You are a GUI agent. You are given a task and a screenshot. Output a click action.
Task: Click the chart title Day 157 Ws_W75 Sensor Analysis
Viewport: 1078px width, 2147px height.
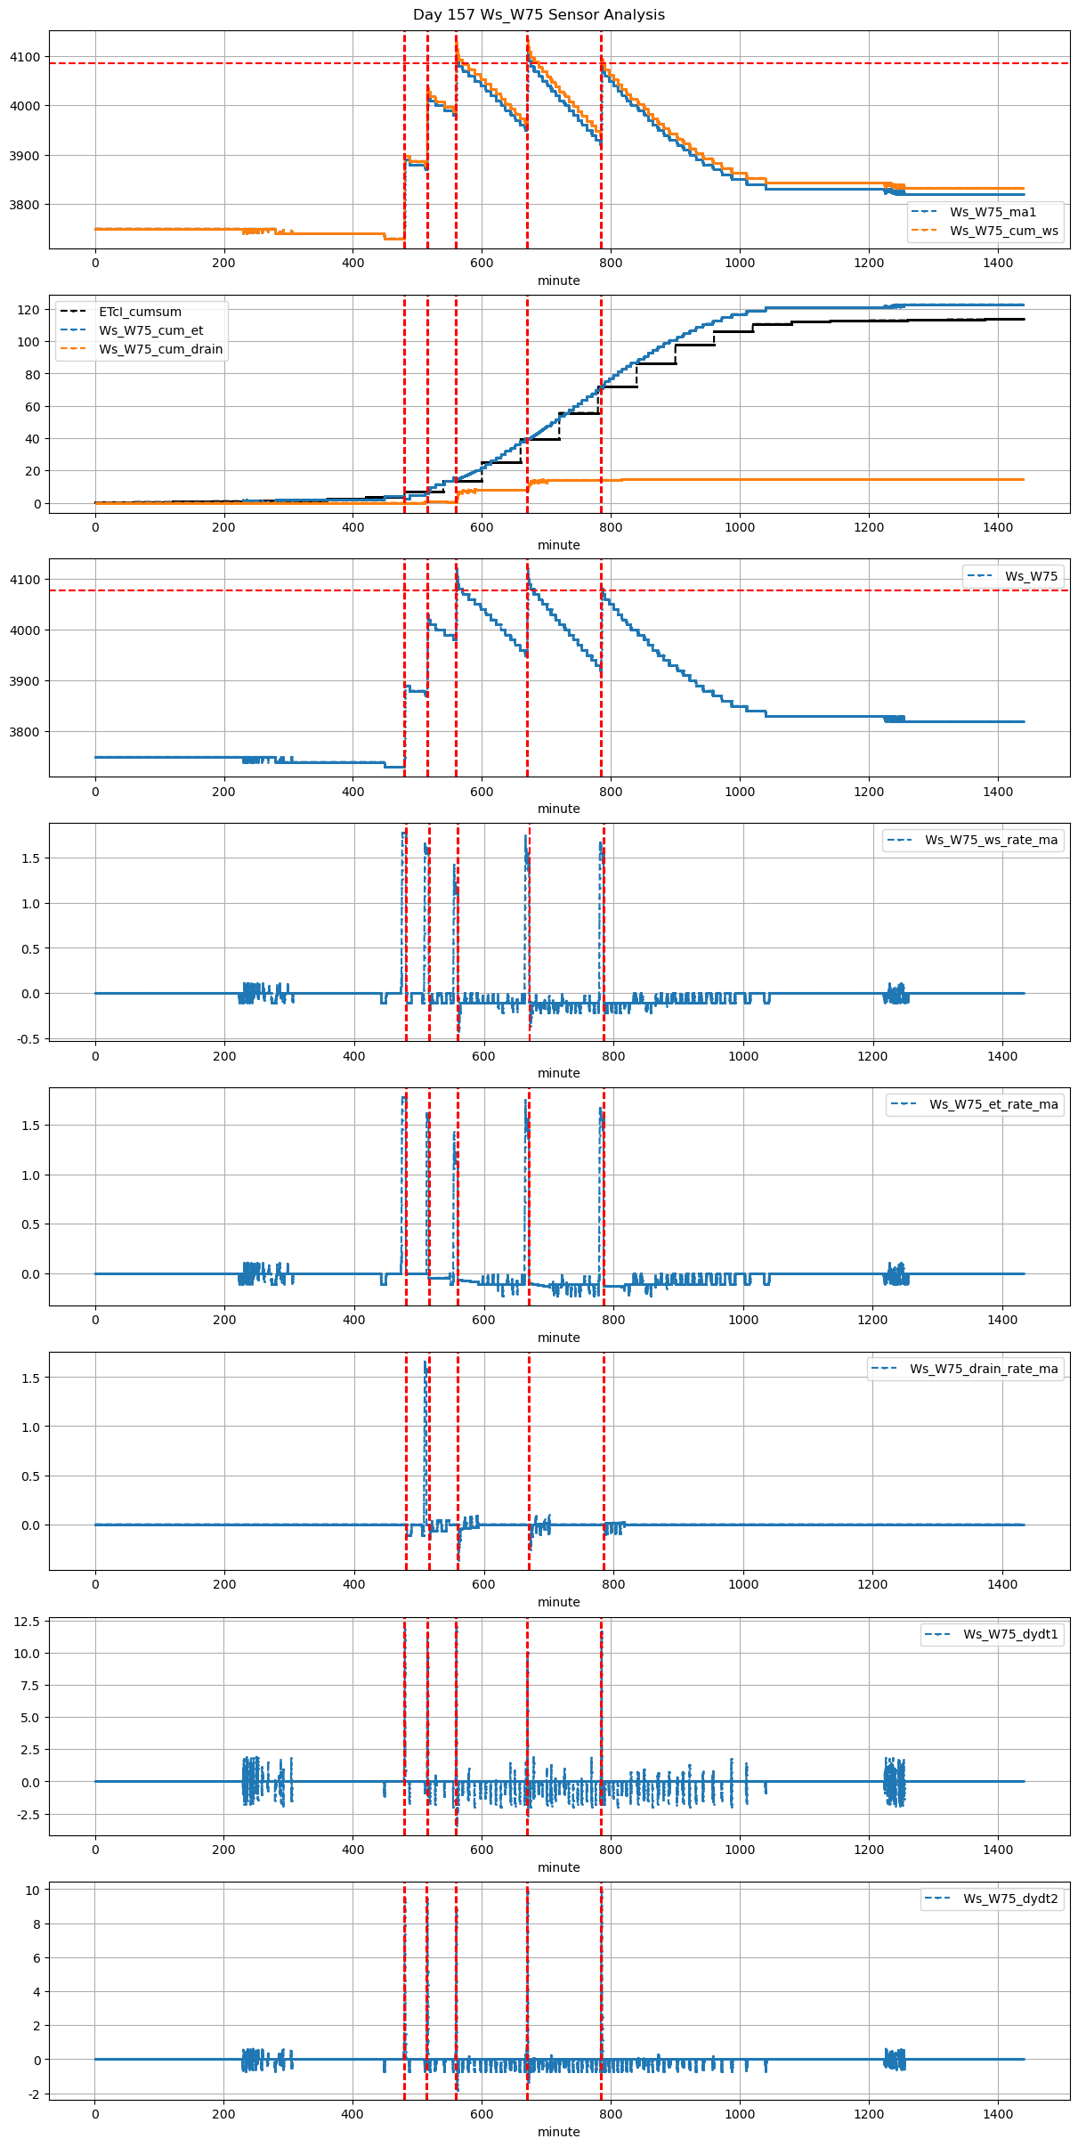539,15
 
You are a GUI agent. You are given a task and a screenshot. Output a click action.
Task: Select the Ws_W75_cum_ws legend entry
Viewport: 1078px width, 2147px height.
1003,231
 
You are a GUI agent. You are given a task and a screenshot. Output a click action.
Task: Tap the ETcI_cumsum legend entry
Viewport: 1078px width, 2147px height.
140,312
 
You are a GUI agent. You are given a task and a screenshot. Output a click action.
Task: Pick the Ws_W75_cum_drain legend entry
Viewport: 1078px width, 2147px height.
160,349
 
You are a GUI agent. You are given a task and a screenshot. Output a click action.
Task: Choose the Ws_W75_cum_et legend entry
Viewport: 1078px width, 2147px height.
150,330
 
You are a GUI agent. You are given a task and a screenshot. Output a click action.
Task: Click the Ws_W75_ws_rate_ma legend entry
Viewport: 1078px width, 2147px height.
991,840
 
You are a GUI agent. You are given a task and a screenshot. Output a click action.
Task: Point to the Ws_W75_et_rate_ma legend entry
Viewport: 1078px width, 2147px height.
993,1104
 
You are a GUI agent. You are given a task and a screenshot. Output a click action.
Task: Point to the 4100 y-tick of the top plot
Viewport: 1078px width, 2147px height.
25,57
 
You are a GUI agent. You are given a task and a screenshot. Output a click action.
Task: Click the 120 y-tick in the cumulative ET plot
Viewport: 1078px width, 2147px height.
30,310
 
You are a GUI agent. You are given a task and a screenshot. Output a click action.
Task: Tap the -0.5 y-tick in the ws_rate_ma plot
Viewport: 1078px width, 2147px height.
28,1038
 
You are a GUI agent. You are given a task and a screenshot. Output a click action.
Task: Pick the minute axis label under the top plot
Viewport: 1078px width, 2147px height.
558,281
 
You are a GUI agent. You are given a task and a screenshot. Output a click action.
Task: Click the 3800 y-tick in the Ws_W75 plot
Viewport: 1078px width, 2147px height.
25,732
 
